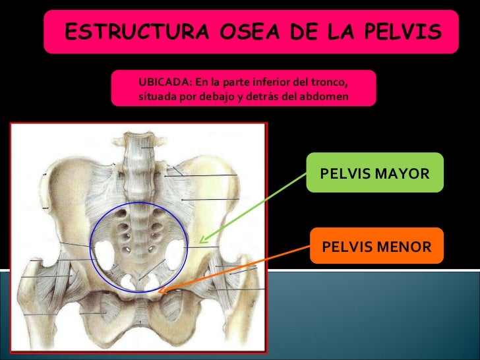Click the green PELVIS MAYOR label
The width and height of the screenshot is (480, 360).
pos(374,173)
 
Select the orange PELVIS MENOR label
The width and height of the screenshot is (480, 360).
pos(376,247)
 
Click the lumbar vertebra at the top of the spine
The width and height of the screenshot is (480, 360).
pos(140,142)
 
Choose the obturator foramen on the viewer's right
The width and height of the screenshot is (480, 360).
pos(173,305)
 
